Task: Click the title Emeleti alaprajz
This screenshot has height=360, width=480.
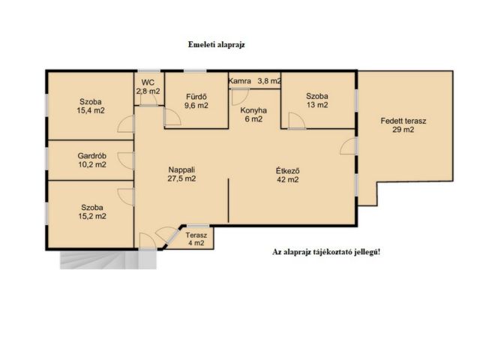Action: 217,45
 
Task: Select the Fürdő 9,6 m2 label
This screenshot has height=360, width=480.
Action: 196,101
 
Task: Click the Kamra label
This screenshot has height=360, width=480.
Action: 240,81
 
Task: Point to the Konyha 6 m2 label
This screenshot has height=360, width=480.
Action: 253,115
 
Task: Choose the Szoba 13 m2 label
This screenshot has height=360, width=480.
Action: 317,100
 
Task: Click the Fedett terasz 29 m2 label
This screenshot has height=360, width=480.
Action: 403,125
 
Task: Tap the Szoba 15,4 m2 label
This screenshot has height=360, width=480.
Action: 91,106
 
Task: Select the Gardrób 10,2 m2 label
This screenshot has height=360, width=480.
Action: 92,160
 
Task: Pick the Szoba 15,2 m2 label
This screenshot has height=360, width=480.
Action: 92,211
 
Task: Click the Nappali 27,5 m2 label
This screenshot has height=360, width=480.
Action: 181,174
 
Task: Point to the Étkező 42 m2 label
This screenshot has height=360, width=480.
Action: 288,175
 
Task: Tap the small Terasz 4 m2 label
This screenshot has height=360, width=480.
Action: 196,239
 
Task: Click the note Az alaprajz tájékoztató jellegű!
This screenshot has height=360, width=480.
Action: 326,252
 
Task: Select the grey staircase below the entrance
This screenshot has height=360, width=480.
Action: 108,260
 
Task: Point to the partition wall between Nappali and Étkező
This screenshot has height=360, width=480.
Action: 228,200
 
